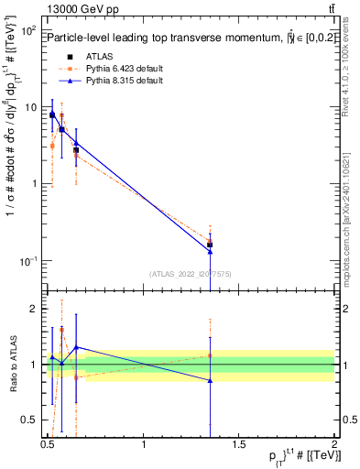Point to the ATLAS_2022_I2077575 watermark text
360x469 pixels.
coord(191,273)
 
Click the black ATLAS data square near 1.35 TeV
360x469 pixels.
coord(210,245)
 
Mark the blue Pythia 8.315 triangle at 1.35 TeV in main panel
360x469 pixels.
coord(210,251)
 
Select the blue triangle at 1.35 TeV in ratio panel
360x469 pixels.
coord(210,380)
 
